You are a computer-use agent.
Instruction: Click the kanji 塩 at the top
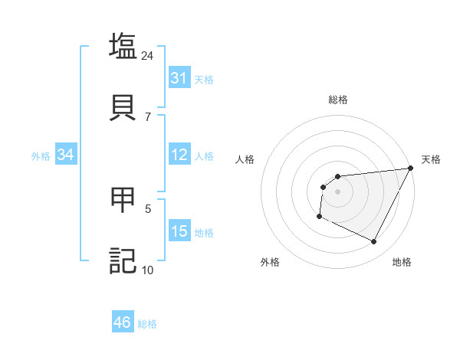(x=123, y=46)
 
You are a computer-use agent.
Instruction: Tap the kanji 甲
(x=123, y=200)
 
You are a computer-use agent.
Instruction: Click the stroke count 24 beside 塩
(x=147, y=56)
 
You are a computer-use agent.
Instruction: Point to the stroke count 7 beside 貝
(x=148, y=116)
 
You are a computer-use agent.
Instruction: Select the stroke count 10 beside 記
(x=147, y=270)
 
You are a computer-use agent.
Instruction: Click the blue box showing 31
(x=179, y=78)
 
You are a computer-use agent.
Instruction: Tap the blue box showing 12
(x=179, y=155)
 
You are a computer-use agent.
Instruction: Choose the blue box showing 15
(x=179, y=231)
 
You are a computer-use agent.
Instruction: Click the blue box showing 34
(x=66, y=155)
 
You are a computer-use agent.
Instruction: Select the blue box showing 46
(x=123, y=322)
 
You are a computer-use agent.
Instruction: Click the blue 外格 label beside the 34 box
(x=41, y=155)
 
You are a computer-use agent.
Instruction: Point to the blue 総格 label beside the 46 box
(x=147, y=324)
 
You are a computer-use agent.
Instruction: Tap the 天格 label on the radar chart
(x=431, y=159)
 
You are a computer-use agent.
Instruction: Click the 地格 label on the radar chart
(x=402, y=263)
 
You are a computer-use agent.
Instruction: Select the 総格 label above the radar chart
(x=338, y=100)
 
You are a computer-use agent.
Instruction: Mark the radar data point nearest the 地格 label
(x=374, y=242)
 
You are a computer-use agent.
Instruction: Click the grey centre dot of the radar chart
(x=337, y=191)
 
